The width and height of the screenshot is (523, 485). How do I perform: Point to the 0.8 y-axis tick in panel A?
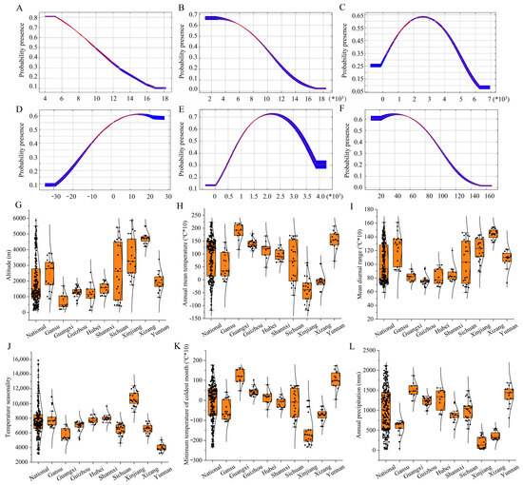(30, 17)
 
